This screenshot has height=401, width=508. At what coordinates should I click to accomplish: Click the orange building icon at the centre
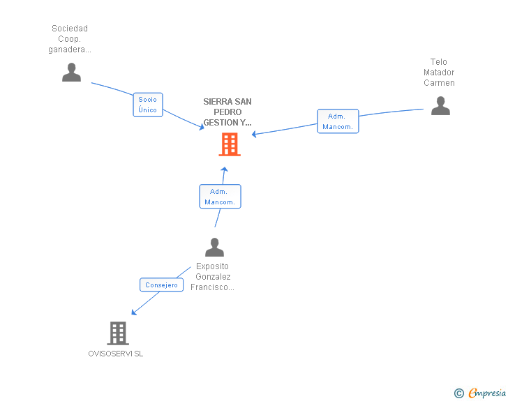pyautogui.click(x=230, y=144)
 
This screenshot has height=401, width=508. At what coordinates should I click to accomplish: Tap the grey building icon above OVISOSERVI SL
pyautogui.click(x=118, y=333)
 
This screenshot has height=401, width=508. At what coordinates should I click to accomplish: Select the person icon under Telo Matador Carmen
pyautogui.click(x=440, y=105)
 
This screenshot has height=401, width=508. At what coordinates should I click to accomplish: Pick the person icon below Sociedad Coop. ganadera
pyautogui.click(x=72, y=73)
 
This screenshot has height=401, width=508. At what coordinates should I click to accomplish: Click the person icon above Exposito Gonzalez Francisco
pyautogui.click(x=214, y=247)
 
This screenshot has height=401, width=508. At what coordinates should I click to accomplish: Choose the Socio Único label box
pyautogui.click(x=148, y=105)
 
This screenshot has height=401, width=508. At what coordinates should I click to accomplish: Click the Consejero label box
pyautogui.click(x=161, y=285)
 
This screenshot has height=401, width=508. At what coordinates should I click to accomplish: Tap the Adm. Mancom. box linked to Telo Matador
pyautogui.click(x=338, y=121)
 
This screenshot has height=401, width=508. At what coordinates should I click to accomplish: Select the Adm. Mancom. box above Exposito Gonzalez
pyautogui.click(x=220, y=196)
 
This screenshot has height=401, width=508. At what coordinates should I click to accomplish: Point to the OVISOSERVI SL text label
pyautogui.click(x=116, y=354)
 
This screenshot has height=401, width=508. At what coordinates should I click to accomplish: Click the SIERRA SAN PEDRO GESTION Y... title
pyautogui.click(x=227, y=112)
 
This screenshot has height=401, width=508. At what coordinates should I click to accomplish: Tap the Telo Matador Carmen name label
pyautogui.click(x=439, y=73)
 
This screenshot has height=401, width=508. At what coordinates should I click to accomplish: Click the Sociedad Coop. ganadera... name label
pyautogui.click(x=70, y=39)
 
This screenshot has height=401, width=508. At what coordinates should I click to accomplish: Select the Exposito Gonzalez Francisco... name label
pyautogui.click(x=213, y=277)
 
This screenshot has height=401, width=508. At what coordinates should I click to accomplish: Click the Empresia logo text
pyautogui.click(x=487, y=393)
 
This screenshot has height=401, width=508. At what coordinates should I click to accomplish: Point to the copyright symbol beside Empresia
pyautogui.click(x=459, y=393)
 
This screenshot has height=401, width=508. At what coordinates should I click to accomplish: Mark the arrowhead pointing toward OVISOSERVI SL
pyautogui.click(x=134, y=312)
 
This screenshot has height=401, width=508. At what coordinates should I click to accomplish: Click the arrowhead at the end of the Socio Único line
pyautogui.click(x=202, y=127)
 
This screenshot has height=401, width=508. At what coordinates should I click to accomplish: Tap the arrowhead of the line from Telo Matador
pyautogui.click(x=254, y=134)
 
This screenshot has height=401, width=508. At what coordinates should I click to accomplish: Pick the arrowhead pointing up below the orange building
pyautogui.click(x=224, y=169)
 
